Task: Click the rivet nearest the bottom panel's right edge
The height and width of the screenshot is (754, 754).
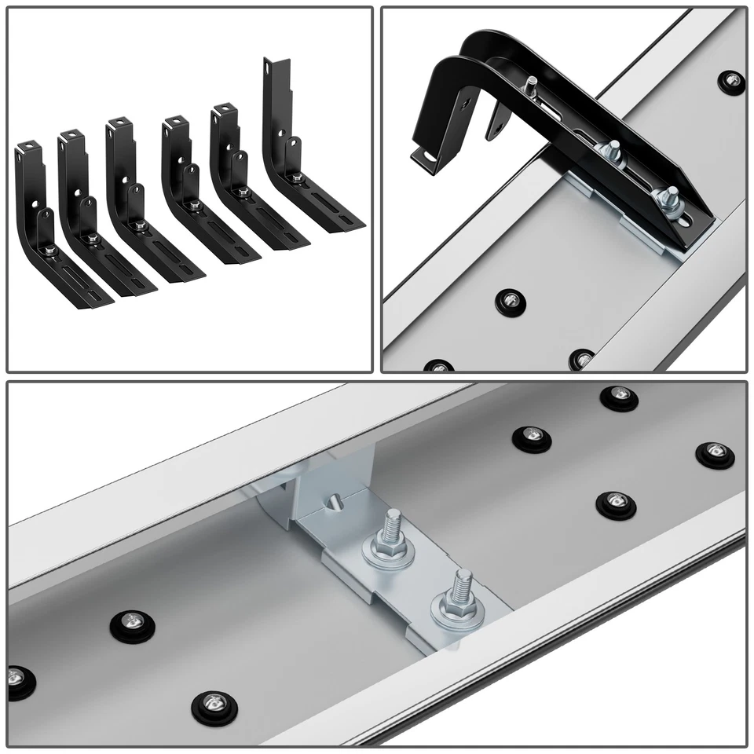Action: tap(712, 454)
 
